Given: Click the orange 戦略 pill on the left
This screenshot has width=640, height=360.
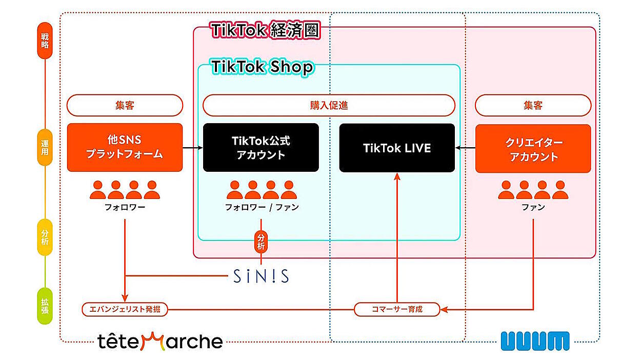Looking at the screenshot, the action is tap(45, 41).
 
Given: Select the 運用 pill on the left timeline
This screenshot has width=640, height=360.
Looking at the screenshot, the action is tap(45, 147).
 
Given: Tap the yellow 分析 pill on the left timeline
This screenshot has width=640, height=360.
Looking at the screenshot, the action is tap(45, 237).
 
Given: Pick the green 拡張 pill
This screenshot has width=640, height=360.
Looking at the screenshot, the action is tap(45, 306).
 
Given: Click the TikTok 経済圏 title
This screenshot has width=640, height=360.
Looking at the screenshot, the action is tap(265, 30).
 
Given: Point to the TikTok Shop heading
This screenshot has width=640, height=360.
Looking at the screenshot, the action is tap(262, 67).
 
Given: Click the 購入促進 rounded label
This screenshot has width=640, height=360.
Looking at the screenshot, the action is tap(329, 106).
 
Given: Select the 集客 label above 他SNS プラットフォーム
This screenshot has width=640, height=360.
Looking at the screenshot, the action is tap(125, 106).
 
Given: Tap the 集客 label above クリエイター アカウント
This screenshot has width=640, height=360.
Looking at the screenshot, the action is tap(533, 106).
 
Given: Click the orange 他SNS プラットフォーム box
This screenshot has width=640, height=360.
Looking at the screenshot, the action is tap(125, 147).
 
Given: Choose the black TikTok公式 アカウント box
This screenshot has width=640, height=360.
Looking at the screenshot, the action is tap(261, 147).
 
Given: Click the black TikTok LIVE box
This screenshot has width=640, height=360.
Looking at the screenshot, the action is tap(397, 148).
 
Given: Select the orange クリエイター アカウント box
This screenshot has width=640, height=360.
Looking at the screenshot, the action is tap(533, 149).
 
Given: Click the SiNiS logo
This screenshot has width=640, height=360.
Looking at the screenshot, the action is tap(261, 276).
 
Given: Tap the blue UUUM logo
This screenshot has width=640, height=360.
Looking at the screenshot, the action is tap(535, 341).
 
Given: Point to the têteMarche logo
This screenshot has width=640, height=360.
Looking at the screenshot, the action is tap(160, 341).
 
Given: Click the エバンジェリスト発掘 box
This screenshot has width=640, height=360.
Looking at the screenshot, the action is tap(125, 309).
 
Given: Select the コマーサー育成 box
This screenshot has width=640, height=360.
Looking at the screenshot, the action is tap(397, 309).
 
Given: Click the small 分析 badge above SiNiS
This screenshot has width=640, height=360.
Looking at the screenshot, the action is tap(261, 242).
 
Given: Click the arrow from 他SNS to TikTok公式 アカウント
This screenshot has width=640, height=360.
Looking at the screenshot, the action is tap(193, 148).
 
